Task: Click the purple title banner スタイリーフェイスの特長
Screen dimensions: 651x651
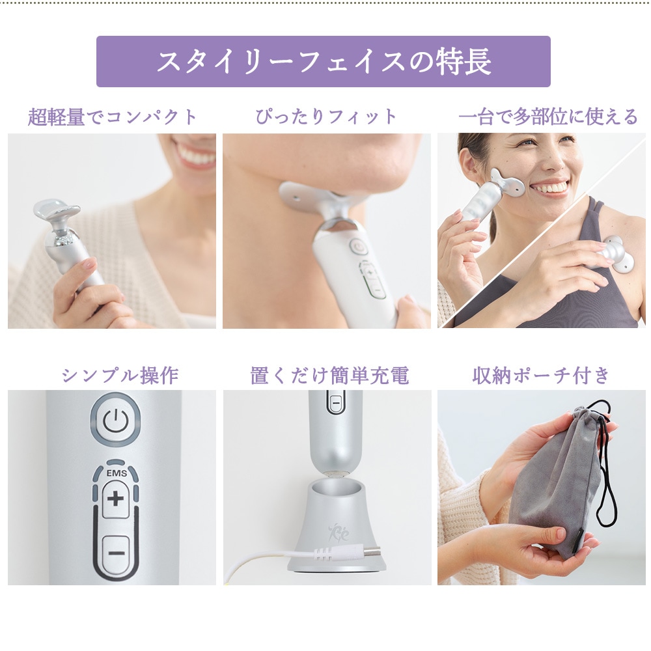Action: click(x=324, y=61)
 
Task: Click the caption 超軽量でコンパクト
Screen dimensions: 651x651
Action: click(x=113, y=117)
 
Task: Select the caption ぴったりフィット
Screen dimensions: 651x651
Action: click(x=326, y=117)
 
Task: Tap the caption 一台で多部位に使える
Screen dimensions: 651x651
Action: click(x=548, y=117)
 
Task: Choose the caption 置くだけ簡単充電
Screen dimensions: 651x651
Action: click(x=329, y=376)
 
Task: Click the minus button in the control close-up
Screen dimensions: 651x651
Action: click(x=115, y=553)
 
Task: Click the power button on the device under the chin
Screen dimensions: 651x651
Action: click(x=357, y=247)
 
